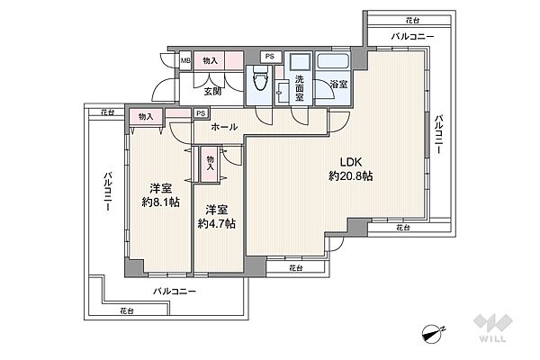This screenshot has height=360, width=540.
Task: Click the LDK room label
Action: [x=351, y=162]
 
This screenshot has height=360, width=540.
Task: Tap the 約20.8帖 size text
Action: [x=351, y=176]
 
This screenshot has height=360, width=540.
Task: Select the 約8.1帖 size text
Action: [x=161, y=202]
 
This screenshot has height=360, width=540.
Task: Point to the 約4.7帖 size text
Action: [x=217, y=224]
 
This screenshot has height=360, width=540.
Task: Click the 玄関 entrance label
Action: [x=212, y=92]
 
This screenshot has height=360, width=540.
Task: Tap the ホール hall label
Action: [x=224, y=127]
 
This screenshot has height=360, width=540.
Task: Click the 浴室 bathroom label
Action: [x=338, y=84]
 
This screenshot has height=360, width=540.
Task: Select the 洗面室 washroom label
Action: [x=300, y=88]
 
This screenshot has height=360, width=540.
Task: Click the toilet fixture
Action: [x=260, y=78]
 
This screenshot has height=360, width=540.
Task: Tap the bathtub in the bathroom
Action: [x=333, y=61]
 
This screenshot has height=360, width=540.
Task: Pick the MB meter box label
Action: [x=186, y=61]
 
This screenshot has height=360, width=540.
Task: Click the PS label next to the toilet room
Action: [x=270, y=56]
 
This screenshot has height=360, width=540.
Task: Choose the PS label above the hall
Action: [x=201, y=113]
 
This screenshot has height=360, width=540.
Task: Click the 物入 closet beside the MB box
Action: [x=210, y=61]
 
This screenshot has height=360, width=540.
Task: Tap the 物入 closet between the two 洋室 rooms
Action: [x=210, y=163]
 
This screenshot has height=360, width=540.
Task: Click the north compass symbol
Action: [x=432, y=334]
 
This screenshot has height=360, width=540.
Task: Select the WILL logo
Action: [x=493, y=328]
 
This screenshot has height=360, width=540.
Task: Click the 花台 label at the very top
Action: [x=412, y=21]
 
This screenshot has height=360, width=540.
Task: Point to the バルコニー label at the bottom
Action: [x=175, y=292]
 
